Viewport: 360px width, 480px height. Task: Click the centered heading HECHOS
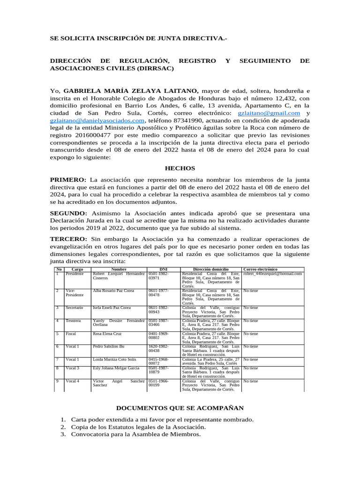click(x=180, y=168)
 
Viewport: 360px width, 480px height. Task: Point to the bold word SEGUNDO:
click(x=68, y=213)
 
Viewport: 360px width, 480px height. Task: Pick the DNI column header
click(x=163, y=270)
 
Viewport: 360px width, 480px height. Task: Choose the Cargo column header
click(x=77, y=270)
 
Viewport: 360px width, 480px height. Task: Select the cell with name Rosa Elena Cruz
click(x=107, y=334)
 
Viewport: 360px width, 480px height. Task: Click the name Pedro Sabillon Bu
click(x=108, y=346)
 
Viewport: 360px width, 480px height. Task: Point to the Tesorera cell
click(x=74, y=321)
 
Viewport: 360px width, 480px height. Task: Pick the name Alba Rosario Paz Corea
click(x=113, y=291)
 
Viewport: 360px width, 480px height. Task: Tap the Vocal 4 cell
click(x=73, y=381)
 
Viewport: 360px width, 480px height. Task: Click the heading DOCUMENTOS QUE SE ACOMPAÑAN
click(x=180, y=408)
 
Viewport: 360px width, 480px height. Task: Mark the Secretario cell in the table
click(x=75, y=308)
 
